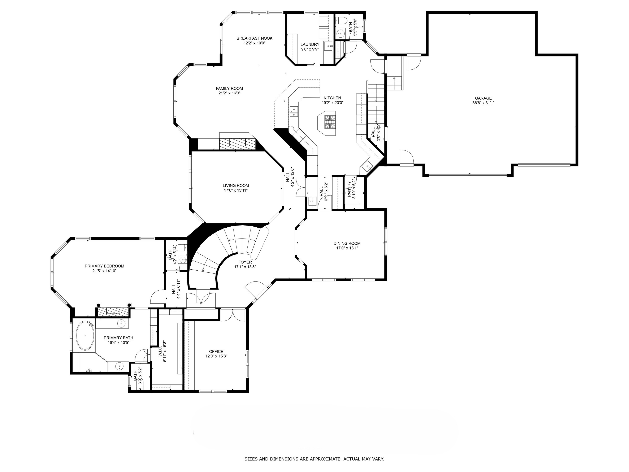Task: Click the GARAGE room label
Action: tap(483, 98)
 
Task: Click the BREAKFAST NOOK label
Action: tap(255, 38)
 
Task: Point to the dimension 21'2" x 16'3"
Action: tap(229, 93)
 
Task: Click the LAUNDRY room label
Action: tap(310, 44)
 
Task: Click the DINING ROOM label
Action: tap(347, 243)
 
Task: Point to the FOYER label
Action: tap(245, 262)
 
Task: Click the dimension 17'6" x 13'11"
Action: tap(236, 190)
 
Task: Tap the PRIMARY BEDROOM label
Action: tap(104, 266)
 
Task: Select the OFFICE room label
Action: tap(216, 351)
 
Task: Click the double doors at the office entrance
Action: tap(233, 315)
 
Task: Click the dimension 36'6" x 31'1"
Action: tap(483, 103)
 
